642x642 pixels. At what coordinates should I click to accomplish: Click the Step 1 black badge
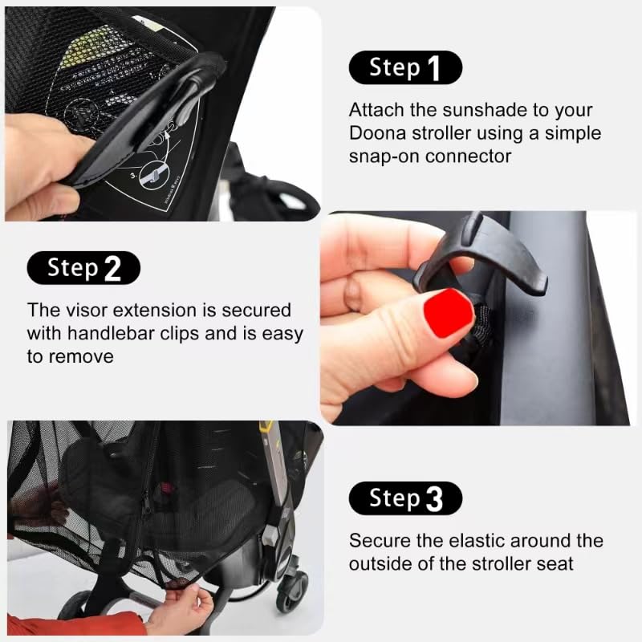(405, 67)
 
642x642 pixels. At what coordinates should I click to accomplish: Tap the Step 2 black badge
(83, 267)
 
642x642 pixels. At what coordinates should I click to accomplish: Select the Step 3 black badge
(405, 498)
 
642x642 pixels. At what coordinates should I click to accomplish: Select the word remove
(81, 356)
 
